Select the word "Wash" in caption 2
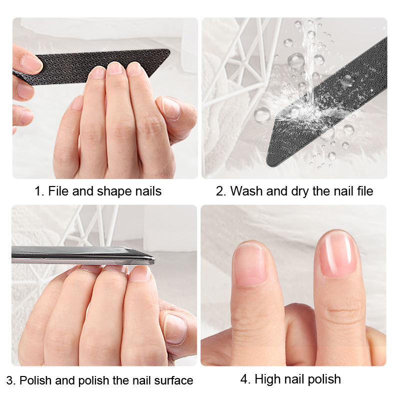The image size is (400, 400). (246, 191)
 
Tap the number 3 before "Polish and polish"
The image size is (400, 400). (9, 380)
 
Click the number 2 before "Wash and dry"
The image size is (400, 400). (219, 191)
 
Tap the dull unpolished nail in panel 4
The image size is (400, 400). (250, 264)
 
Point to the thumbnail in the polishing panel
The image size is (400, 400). (175, 328)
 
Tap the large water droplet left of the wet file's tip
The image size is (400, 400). (262, 115)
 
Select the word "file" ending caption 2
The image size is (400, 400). (365, 191)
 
